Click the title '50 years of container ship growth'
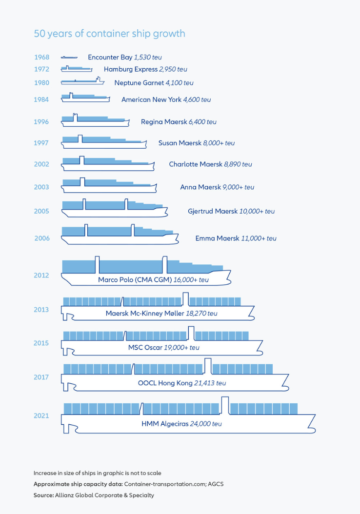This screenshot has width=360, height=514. tap(109, 34)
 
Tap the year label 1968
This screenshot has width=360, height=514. tap(41, 57)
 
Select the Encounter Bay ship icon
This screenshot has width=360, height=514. tap(69, 58)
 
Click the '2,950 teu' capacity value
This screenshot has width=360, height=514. tap(173, 69)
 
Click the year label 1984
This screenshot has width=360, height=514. tap(41, 99)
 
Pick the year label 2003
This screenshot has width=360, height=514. tap(41, 187)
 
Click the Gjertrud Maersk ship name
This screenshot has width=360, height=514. tap(212, 211)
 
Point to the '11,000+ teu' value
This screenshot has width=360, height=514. tap(259, 238)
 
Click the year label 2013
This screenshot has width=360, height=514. tap(41, 310)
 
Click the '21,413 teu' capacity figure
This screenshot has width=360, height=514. tap(210, 383)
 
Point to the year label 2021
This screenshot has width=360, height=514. tap(41, 415)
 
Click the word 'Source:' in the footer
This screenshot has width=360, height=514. tap(44, 495)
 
